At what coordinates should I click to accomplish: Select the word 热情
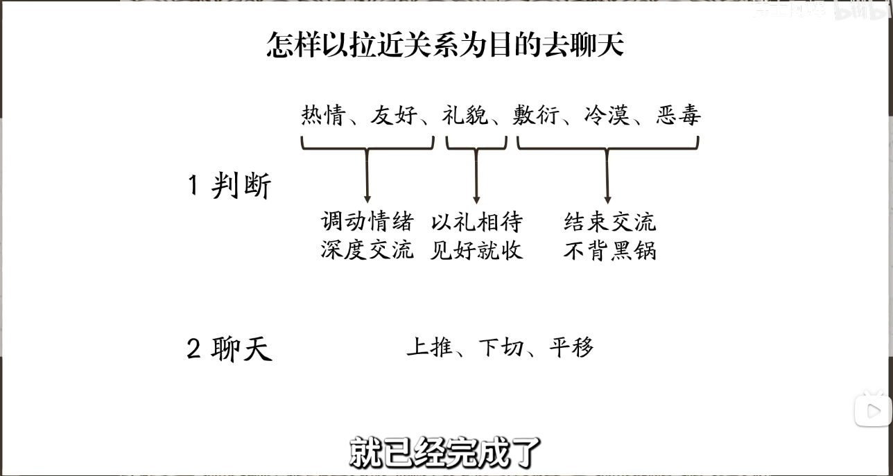323,114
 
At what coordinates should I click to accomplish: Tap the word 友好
394,114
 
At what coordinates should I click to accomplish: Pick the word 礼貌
465,114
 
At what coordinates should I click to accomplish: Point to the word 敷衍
536,114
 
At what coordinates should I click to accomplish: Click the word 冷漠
607,114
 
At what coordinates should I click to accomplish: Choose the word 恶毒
679,114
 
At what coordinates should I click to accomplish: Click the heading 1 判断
229,186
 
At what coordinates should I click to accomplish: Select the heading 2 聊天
229,349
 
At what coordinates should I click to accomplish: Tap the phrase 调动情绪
367,222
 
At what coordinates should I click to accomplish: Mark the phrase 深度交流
367,249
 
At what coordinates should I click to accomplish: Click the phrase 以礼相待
476,222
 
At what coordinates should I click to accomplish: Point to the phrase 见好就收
476,249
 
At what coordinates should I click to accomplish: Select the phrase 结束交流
610,222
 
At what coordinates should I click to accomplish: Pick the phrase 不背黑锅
610,249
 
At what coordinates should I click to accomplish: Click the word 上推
429,347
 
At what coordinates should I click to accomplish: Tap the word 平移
571,347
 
